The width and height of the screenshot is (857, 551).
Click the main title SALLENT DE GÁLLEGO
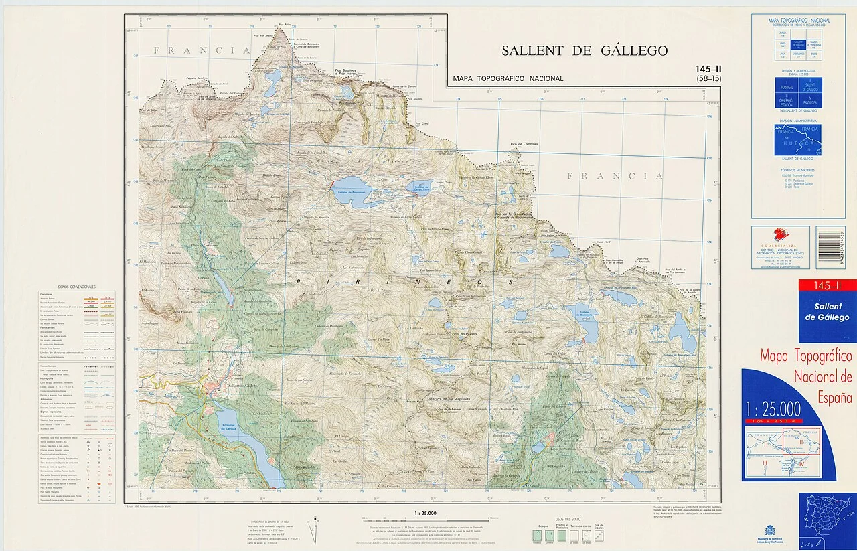[x=585, y=51]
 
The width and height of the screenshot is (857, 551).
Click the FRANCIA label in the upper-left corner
[x=192, y=50]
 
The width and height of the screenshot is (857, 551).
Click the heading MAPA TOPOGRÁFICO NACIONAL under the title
[x=508, y=78]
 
